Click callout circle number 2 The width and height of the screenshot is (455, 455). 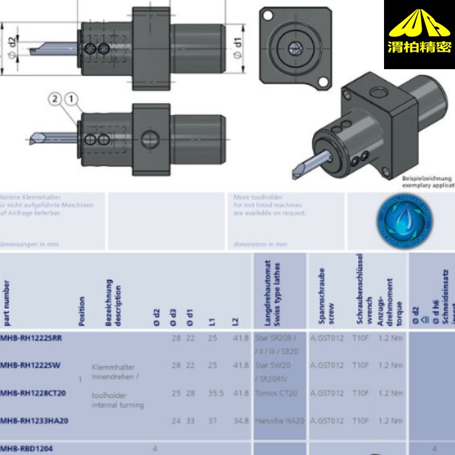tap(55, 98)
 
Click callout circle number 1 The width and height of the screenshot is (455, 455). tap(71, 98)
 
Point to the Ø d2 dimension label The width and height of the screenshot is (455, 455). tap(12, 43)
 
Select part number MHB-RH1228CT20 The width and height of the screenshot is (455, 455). tap(33, 393)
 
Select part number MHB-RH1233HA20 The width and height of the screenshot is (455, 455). tap(34, 421)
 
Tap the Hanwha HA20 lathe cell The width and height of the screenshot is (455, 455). tap(279, 421)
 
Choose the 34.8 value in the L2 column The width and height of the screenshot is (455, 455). tap(241, 421)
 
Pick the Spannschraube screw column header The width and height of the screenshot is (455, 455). tap(326, 291)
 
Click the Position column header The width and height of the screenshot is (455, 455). tap(82, 310)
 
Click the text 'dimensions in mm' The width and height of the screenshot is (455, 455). tap(260, 244)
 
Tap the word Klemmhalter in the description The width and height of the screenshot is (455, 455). tap(113, 367)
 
